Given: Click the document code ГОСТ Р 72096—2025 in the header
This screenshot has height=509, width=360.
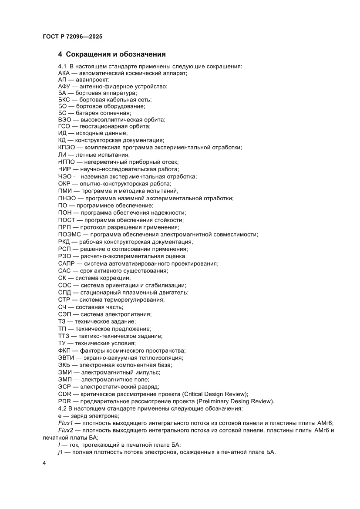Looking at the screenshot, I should pyautogui.click(x=72, y=37).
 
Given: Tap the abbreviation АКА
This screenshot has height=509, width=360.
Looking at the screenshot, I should pyautogui.click(x=64, y=74).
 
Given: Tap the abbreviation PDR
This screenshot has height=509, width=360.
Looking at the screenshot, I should pyautogui.click(x=64, y=401).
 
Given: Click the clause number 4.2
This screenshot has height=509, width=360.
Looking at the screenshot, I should pyautogui.click(x=63, y=408).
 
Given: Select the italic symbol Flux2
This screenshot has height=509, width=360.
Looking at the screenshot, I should pyautogui.click(x=66, y=430).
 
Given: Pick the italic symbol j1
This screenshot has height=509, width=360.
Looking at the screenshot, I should pyautogui.click(x=61, y=452).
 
